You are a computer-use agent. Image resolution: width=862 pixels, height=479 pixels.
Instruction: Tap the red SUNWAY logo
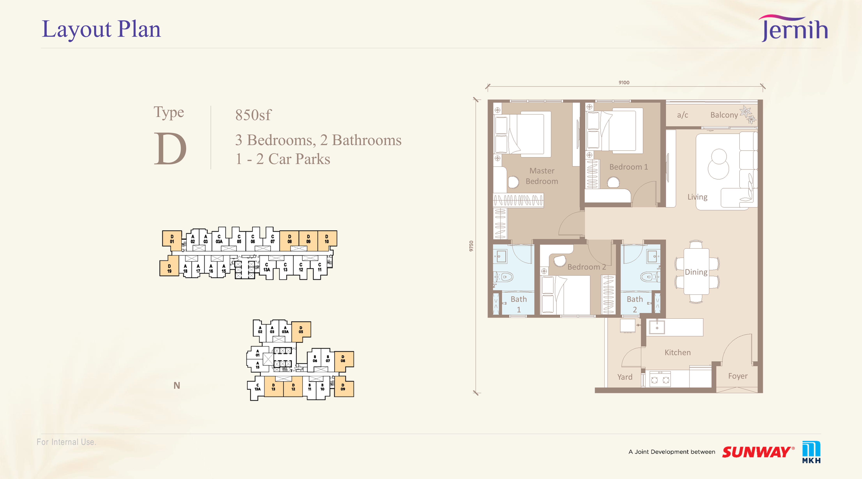[x=758, y=452]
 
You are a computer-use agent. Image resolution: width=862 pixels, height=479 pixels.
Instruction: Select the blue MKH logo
[x=811, y=452]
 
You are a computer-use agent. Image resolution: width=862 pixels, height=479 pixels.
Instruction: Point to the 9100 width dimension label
[x=624, y=82]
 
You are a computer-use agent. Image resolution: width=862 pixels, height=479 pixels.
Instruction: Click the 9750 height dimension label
[x=471, y=246]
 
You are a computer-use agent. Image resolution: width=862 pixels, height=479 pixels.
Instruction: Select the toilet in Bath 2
[x=650, y=277]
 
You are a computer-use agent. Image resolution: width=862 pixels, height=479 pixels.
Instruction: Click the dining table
[x=696, y=272]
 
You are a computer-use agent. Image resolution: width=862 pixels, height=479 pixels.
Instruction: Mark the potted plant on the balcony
[x=747, y=114]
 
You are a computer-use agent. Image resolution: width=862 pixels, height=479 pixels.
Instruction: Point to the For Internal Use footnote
[x=66, y=442]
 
